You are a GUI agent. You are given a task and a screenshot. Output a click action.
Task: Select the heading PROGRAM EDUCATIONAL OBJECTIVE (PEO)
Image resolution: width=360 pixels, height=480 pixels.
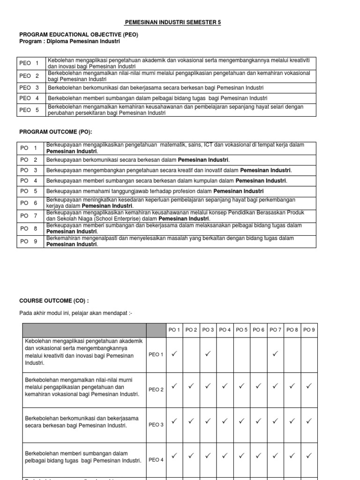78,35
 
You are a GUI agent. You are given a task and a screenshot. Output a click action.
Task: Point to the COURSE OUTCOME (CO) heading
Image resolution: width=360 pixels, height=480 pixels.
53,300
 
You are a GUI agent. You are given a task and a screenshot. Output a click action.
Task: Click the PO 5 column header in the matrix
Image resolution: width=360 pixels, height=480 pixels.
241,330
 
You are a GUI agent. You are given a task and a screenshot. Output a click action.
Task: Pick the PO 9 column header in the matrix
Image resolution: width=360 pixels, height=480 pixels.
309,330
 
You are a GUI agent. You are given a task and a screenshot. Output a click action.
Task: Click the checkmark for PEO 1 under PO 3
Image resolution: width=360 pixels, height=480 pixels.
208,354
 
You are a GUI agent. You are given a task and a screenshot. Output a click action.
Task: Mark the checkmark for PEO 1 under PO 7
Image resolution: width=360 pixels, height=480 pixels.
275,354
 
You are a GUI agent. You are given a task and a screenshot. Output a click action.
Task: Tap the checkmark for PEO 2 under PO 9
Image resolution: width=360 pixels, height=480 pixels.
309,386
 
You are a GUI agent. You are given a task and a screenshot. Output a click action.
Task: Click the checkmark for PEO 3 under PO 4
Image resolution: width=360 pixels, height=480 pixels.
225,421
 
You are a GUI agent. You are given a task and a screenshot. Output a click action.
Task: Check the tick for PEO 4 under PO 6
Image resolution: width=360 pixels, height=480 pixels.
258,455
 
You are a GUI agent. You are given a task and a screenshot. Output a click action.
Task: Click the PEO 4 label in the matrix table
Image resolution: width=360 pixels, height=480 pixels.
156,460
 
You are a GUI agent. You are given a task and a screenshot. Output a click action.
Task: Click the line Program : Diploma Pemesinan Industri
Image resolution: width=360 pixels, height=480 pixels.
69,41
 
